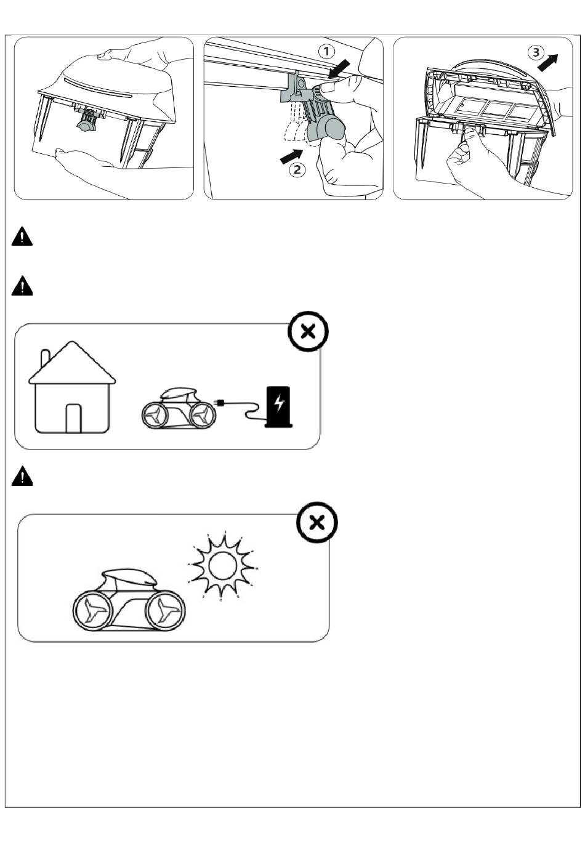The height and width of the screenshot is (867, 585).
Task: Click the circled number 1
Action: (326, 52)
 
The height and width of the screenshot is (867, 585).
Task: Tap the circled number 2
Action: (297, 169)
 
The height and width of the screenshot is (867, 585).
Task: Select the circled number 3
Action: (536, 52)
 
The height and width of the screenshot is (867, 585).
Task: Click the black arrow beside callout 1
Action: (339, 70)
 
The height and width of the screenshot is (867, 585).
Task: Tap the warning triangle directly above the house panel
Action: (22, 286)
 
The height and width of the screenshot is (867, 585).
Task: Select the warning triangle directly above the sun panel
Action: (22, 476)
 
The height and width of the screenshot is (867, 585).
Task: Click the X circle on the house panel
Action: (308, 331)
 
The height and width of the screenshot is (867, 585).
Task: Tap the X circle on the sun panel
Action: (317, 523)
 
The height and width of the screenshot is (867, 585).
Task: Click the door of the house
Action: (73, 418)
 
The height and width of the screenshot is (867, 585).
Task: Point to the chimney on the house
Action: (46, 358)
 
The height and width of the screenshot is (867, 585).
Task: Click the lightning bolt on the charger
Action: (278, 403)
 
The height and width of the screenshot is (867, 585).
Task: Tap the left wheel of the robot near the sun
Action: (94, 611)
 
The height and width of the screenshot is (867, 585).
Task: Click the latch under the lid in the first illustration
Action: (87, 121)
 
